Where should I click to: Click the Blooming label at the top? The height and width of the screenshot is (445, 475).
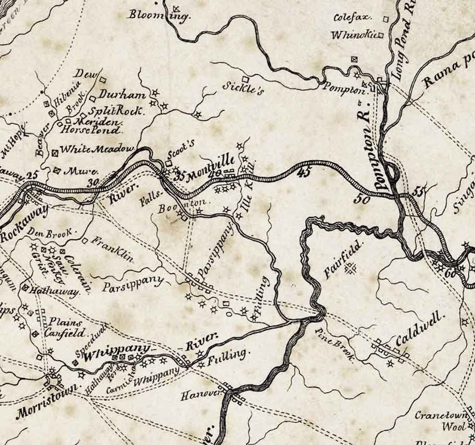click(x=159, y=15)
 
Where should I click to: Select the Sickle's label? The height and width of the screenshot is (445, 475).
click(x=243, y=88)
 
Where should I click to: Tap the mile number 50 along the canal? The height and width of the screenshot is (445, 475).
click(x=361, y=199)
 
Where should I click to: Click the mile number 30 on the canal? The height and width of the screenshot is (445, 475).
click(x=92, y=184)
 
